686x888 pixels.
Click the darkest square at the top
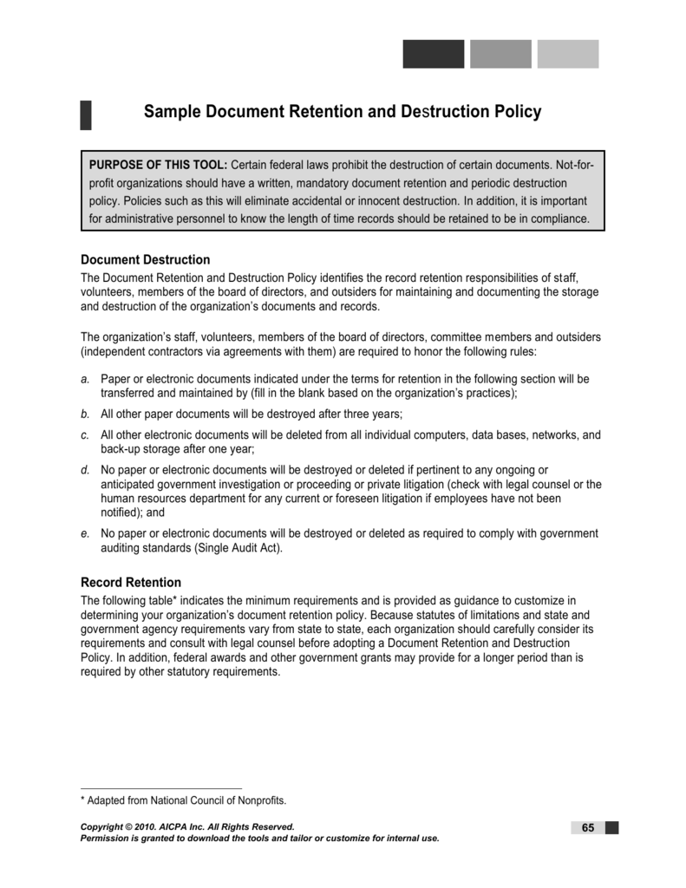click(x=433, y=54)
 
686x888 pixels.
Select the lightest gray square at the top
click(x=568, y=54)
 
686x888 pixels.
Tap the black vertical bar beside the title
click(x=86, y=114)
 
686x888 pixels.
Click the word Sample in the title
click(x=172, y=112)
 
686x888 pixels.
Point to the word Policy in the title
click(x=517, y=112)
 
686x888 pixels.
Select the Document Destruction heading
click(x=145, y=259)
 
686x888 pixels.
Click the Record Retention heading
click(x=130, y=582)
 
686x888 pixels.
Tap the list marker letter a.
click(x=85, y=379)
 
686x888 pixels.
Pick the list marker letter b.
click(x=85, y=414)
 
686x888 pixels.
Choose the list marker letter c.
click(x=85, y=434)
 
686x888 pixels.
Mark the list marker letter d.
click(x=85, y=470)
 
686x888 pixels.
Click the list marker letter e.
click(x=85, y=533)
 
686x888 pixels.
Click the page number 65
click(x=587, y=827)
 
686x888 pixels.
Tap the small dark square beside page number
click(x=612, y=827)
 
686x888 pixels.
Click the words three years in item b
click(x=374, y=414)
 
